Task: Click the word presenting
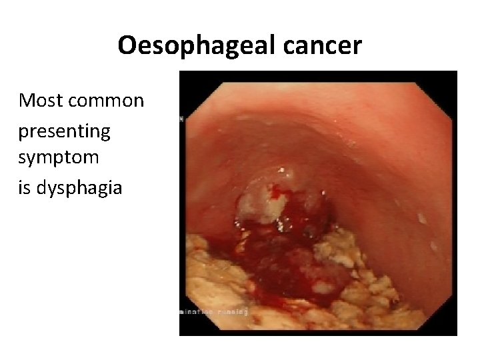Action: [x=64, y=131]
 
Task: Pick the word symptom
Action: [x=59, y=159]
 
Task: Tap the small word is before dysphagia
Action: [x=25, y=187]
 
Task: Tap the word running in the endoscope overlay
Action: [x=233, y=311]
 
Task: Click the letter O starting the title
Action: [x=125, y=45]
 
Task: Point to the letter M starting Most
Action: [x=27, y=101]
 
